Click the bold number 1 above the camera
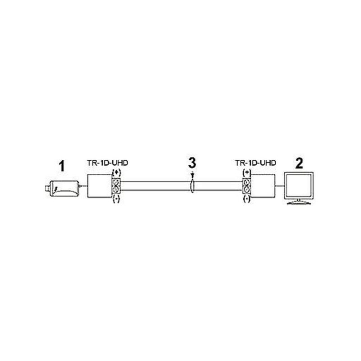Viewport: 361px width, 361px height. [x=62, y=166]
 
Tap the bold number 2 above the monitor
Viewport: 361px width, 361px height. [x=299, y=163]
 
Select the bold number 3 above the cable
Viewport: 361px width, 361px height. [x=192, y=162]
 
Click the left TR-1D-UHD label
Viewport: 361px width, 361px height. [x=107, y=163]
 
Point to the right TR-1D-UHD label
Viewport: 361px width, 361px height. [x=255, y=163]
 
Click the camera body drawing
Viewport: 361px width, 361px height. [x=65, y=189]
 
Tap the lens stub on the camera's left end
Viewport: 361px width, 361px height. [x=48, y=189]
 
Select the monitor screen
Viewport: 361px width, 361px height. [x=299, y=185]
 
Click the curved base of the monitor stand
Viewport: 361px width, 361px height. [x=299, y=203]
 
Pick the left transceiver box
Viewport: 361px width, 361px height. [x=100, y=186]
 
